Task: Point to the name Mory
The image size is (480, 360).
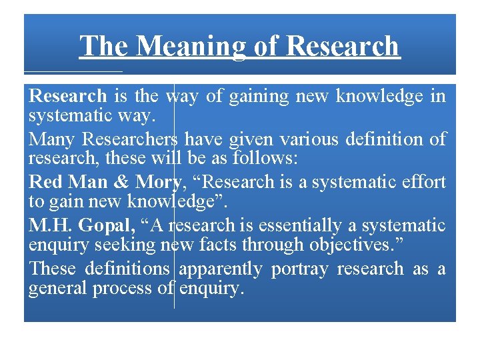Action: (158, 182)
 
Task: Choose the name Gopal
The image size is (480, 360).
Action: (107, 225)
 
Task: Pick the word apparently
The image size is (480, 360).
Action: (221, 269)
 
